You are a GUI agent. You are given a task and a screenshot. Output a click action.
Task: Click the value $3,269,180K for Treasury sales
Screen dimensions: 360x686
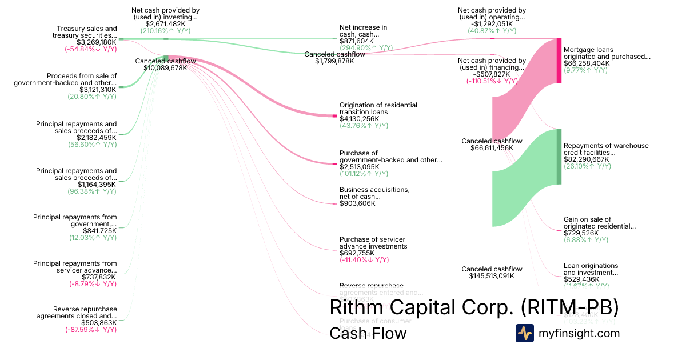point(97,42)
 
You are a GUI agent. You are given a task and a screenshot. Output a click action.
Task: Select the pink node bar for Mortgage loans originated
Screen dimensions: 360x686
point(559,61)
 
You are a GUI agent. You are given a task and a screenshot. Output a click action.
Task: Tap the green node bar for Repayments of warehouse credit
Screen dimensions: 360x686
point(559,157)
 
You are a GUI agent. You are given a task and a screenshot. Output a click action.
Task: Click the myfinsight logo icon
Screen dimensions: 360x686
point(524,333)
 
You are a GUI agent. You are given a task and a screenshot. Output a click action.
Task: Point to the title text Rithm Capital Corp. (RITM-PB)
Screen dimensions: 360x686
point(474,307)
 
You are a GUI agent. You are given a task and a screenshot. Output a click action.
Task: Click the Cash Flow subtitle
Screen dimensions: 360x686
point(368,333)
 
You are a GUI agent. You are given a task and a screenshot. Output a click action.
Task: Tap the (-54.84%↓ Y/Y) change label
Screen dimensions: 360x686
point(91,49)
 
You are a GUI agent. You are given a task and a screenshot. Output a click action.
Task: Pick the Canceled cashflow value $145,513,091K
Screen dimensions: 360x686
point(488,276)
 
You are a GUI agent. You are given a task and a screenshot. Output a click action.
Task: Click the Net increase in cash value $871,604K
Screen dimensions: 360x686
point(357,41)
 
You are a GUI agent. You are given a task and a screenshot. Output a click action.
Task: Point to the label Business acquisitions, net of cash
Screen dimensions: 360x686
point(374,193)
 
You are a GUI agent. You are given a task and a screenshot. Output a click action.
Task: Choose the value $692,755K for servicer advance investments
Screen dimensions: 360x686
point(357,253)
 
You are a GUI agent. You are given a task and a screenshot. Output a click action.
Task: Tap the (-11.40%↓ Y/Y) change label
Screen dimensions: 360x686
point(364,260)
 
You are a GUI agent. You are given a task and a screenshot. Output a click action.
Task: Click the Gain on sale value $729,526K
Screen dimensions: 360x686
point(581,233)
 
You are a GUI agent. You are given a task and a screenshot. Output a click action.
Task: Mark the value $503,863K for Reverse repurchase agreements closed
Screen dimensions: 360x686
point(99,323)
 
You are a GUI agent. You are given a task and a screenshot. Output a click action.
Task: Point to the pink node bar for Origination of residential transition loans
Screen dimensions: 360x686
point(335,116)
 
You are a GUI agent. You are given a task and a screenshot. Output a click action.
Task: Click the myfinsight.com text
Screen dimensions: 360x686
point(579,333)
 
